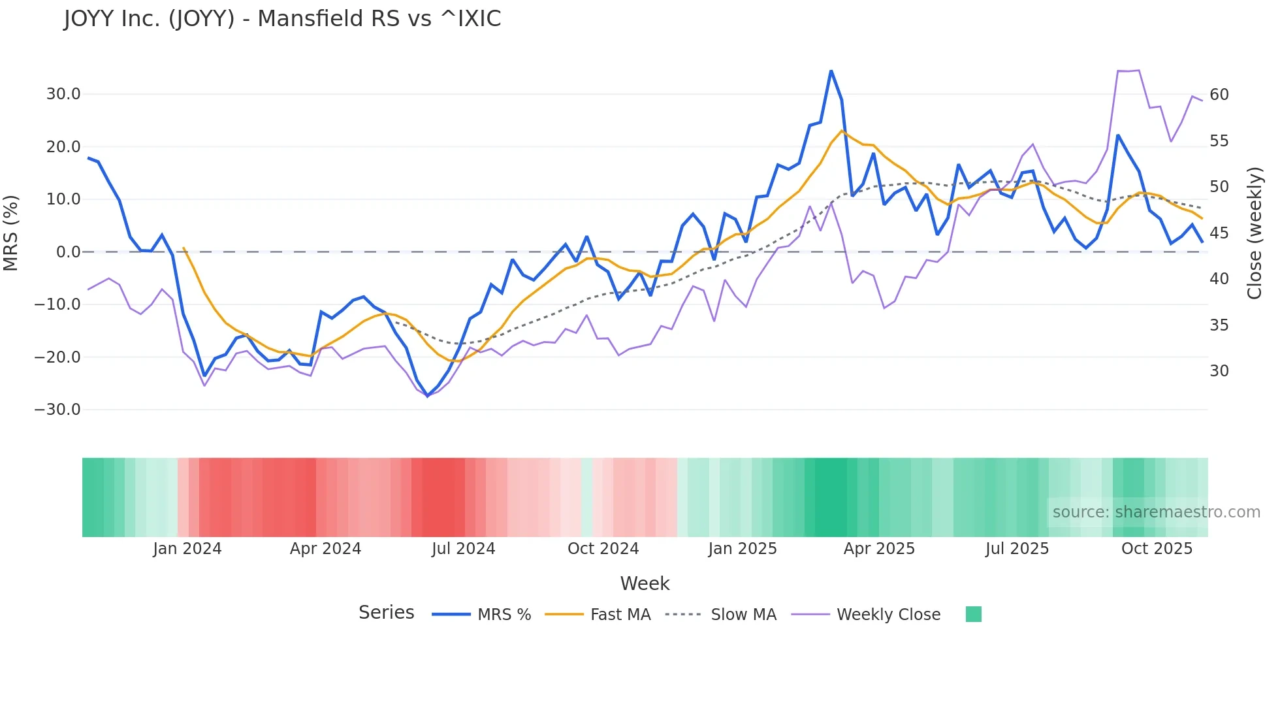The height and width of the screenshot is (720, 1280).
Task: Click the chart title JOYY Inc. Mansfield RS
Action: [282, 18]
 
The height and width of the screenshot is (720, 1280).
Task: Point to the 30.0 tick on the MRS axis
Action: [63, 94]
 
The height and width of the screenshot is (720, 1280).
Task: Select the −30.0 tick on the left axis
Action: [57, 410]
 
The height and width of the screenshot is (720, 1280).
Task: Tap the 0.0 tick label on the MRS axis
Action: [68, 252]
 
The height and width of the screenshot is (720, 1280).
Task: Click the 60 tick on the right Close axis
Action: [1219, 95]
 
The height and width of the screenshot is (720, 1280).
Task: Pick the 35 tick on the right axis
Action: [1219, 325]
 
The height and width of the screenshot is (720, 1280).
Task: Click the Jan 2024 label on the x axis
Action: [187, 549]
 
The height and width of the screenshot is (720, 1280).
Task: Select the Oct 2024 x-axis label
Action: [603, 549]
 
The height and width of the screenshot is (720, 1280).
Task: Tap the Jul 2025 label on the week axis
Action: [1017, 549]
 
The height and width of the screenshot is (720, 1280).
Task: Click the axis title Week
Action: [645, 583]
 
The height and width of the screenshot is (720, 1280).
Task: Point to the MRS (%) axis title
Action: [11, 233]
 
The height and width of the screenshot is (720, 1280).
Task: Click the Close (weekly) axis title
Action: [1255, 233]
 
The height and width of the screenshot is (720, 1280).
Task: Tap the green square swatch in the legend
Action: [973, 614]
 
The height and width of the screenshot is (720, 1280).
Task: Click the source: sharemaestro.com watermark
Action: [1156, 512]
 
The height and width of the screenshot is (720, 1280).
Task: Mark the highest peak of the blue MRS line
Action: [831, 71]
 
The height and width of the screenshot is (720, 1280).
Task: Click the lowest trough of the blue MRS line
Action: [428, 396]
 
